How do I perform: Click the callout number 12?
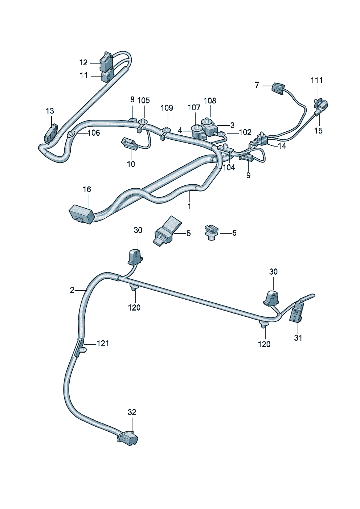(x=83, y=62)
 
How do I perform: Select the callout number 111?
(x=316, y=80)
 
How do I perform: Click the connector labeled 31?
(x=296, y=311)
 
